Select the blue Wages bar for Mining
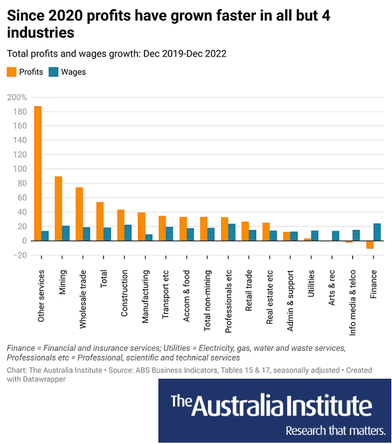[x=66, y=234]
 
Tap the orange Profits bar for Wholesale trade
[x=79, y=214]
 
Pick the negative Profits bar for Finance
[x=370, y=245]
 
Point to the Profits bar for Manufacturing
[x=141, y=226]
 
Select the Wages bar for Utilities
[x=315, y=236]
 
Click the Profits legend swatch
[x=12, y=72]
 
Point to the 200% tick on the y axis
[x=16, y=97]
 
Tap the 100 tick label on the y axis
[x=20, y=169]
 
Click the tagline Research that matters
[x=335, y=431]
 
